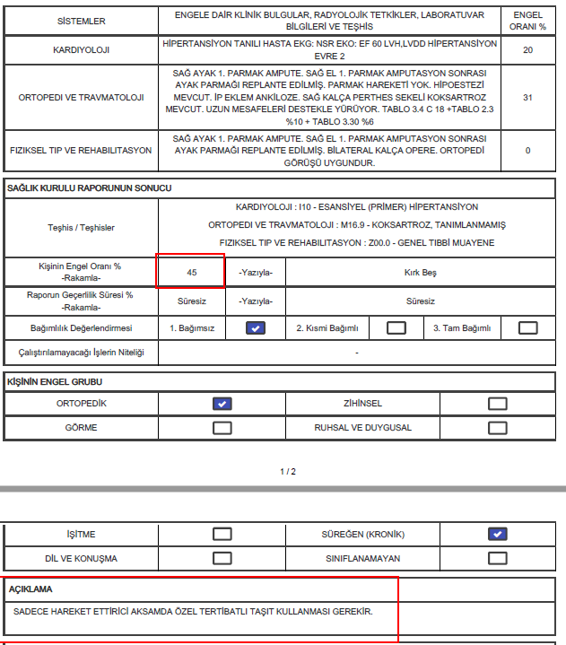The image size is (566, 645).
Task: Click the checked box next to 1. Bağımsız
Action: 257,328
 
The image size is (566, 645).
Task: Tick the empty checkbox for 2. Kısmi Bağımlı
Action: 396,328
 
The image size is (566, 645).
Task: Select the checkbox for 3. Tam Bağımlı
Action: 527,328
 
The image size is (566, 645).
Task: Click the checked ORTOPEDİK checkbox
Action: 222,404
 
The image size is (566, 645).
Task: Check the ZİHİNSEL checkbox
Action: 498,404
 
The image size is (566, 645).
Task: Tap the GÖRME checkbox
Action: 222,428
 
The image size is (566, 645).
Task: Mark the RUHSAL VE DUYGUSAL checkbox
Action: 498,428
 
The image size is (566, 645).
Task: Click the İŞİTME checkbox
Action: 222,535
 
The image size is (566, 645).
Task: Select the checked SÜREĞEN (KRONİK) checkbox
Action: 498,535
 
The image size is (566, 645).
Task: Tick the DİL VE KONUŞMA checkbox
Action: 222,558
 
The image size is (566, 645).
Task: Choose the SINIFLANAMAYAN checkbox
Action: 498,558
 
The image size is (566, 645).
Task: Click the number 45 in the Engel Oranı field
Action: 192,272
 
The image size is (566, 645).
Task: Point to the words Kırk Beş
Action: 420,272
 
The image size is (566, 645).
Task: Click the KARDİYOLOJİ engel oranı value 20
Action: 527,50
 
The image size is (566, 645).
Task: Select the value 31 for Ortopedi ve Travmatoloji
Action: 527,97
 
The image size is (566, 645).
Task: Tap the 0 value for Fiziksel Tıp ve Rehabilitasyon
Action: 527,151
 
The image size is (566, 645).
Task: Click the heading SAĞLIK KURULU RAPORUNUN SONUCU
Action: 89,188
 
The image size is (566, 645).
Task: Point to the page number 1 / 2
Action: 287,471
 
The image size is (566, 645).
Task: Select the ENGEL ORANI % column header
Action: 527,22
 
